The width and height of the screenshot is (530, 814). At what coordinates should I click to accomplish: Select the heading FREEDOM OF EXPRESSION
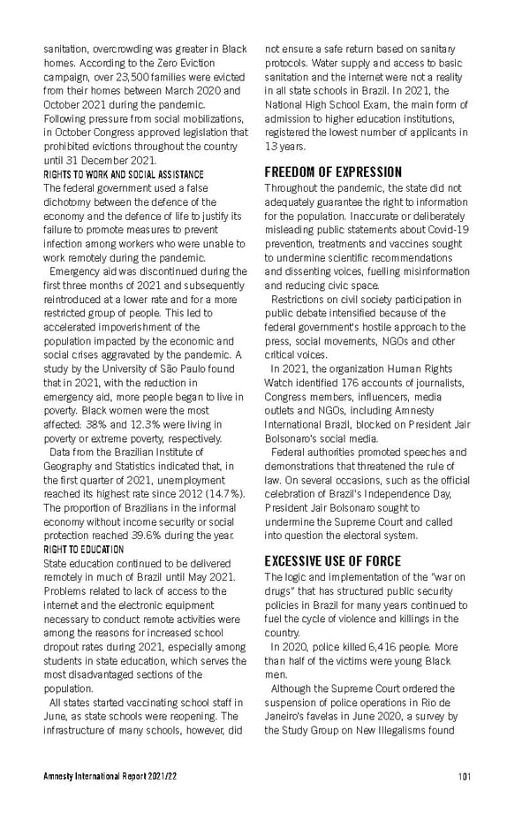coord(333,171)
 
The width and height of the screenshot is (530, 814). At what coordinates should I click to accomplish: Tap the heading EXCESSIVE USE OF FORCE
coord(333,560)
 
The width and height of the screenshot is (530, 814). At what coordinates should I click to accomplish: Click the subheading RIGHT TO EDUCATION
coord(84,549)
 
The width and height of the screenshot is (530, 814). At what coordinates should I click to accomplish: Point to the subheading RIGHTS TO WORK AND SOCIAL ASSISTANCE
coord(124,174)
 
